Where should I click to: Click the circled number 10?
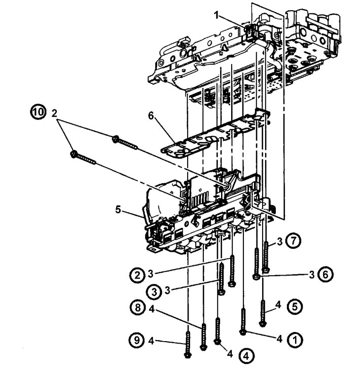(38, 112)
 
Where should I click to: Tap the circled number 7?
(293, 241)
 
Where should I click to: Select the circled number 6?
(326, 275)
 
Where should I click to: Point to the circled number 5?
(295, 307)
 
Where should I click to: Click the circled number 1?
(295, 340)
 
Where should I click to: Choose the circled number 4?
(246, 356)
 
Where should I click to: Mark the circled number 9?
(137, 340)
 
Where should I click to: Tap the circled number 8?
(137, 308)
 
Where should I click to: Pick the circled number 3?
(154, 292)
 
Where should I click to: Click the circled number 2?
(137, 275)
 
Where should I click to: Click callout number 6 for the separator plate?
(151, 115)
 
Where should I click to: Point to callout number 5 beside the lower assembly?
(118, 210)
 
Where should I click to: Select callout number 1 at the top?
(217, 16)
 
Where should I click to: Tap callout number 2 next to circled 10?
(54, 113)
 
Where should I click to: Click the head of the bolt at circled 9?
(187, 355)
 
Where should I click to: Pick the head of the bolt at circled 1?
(242, 332)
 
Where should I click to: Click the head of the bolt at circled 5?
(263, 324)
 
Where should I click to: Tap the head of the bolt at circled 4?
(218, 342)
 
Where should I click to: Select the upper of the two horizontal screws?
(125, 143)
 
